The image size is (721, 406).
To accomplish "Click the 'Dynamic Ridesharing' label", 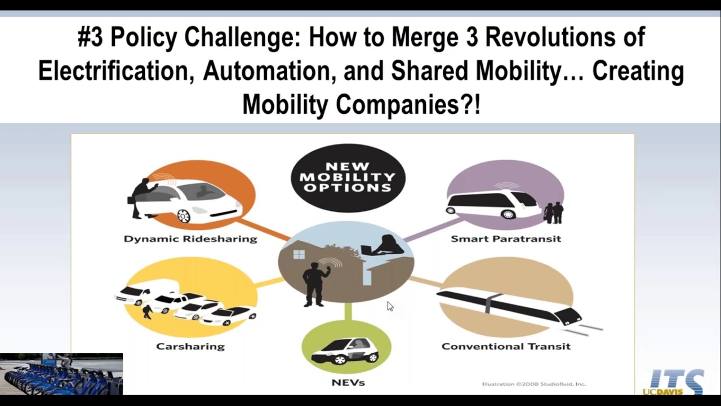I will coord(190,239).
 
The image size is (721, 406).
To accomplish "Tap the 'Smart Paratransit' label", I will coord(506,239).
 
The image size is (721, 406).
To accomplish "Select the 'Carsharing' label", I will coord(190,346).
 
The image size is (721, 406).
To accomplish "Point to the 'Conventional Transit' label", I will coord(506,346).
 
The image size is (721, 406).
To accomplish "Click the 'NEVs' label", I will coord(348,382).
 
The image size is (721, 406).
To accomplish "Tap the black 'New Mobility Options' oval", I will coord(348,177).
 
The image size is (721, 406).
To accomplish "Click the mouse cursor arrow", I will coord(390,306).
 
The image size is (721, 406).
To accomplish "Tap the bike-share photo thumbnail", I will coord(61,373).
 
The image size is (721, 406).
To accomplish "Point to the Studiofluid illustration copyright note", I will coord(533,384).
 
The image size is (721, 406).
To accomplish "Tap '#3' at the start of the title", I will coord(91,38).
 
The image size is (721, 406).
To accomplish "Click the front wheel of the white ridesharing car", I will coord(184,215).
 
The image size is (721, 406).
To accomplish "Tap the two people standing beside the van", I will coord(554,213).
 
